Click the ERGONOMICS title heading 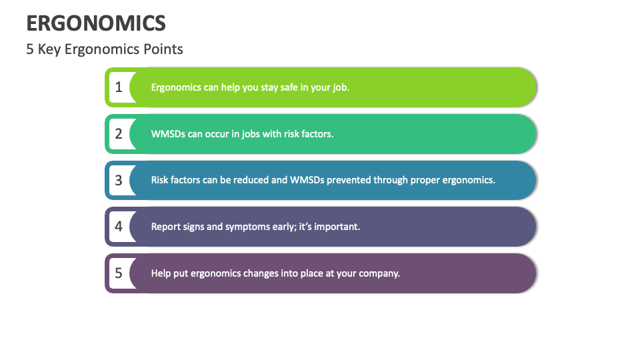click(96, 23)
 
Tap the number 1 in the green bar click(119, 87)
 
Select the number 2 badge click(119, 133)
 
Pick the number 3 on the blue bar click(119, 180)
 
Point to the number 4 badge click(119, 227)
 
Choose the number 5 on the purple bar click(119, 273)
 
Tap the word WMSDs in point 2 click(168, 134)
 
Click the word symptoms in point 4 click(248, 227)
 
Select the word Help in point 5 click(161, 273)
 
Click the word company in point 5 click(378, 273)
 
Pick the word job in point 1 click(339, 87)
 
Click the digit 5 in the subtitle click(30, 49)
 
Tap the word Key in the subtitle click(49, 49)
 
